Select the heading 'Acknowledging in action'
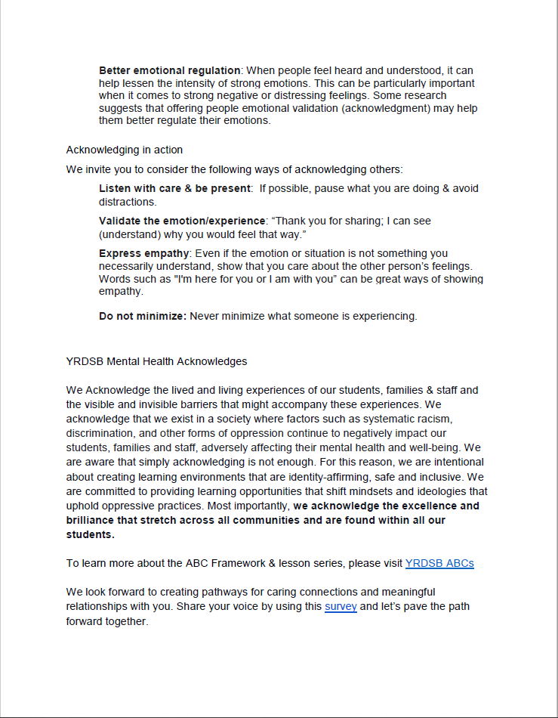click(x=125, y=150)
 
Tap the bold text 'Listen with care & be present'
click(x=174, y=188)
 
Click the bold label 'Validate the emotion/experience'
click(x=182, y=221)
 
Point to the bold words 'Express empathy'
click(x=143, y=253)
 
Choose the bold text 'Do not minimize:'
click(x=143, y=316)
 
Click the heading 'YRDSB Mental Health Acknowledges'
click(x=156, y=361)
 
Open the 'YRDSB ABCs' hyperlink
click(x=439, y=563)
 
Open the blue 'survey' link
click(x=341, y=606)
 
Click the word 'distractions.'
click(x=128, y=202)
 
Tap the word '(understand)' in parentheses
click(x=128, y=234)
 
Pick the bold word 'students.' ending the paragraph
click(x=90, y=534)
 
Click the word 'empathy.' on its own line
click(x=120, y=291)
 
